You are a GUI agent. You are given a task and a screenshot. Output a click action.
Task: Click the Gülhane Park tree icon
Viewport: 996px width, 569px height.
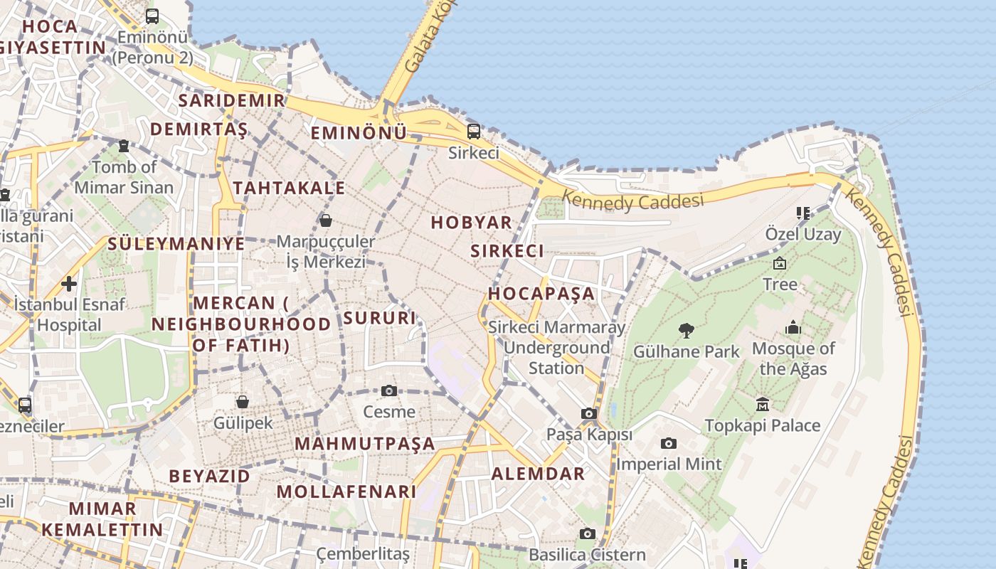tap(687, 330)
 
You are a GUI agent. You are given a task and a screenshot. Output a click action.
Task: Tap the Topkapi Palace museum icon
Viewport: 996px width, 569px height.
tap(763, 404)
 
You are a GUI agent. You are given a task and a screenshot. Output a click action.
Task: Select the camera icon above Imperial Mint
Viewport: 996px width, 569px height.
tap(669, 443)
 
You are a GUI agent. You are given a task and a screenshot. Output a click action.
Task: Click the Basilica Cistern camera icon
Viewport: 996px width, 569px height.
tap(587, 533)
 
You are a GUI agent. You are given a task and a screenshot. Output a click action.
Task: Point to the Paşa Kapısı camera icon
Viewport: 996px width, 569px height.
tap(588, 413)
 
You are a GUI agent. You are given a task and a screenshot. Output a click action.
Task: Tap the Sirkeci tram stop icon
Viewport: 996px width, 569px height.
tap(473, 132)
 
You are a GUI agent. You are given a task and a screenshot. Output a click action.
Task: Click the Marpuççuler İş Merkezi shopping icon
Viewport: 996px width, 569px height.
tap(326, 220)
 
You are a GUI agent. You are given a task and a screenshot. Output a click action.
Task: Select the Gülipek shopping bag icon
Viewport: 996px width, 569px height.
tap(243, 402)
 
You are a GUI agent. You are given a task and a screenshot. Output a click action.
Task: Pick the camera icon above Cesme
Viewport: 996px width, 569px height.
tap(388, 390)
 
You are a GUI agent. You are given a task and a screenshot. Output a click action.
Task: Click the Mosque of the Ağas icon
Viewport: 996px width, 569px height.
tap(793, 328)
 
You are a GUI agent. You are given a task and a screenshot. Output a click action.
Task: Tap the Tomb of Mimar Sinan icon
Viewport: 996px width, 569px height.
tap(124, 146)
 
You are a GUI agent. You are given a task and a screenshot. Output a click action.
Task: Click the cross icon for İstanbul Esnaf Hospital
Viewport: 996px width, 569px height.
tap(69, 284)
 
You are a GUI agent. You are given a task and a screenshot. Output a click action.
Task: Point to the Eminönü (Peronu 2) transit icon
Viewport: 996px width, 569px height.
tap(152, 16)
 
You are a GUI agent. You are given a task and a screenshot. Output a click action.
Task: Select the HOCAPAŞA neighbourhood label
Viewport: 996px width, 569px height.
tap(541, 293)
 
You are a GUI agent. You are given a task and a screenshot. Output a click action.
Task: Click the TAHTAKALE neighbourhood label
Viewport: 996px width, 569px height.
tap(289, 188)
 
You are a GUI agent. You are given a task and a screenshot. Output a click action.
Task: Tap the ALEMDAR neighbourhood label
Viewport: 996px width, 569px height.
tap(538, 474)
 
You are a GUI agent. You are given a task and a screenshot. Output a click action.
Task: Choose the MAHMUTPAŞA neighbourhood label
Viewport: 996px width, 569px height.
tap(364, 443)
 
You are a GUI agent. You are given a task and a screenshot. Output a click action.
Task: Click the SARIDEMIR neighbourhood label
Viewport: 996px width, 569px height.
tap(231, 100)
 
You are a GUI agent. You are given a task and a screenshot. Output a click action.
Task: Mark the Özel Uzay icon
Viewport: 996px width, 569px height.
tap(803, 213)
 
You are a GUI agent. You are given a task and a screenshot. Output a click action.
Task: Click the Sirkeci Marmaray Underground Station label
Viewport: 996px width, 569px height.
tap(557, 348)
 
